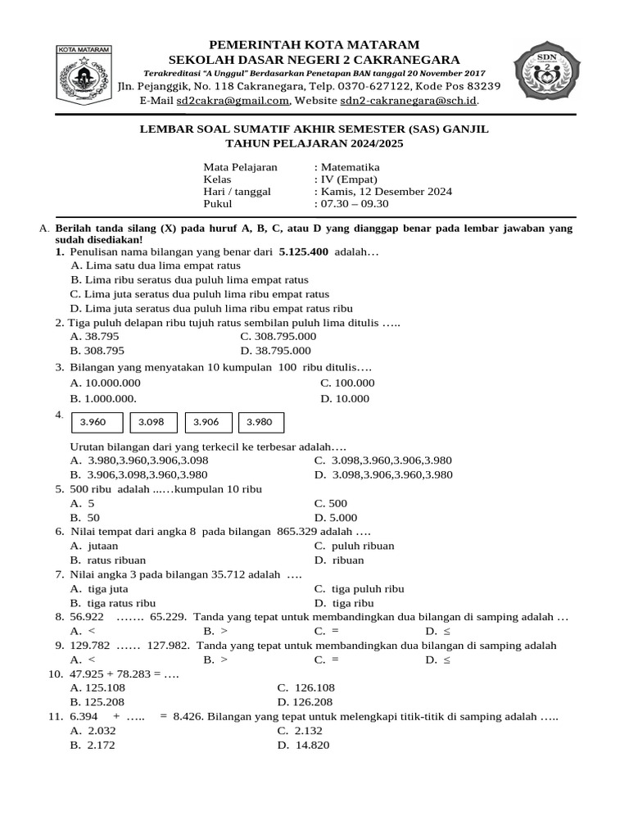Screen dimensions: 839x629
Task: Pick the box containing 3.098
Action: coord(152,422)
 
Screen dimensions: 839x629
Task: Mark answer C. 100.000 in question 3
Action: coord(347,383)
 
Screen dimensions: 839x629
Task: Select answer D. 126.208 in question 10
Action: coord(305,702)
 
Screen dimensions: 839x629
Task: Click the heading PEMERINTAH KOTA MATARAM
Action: coord(314,44)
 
